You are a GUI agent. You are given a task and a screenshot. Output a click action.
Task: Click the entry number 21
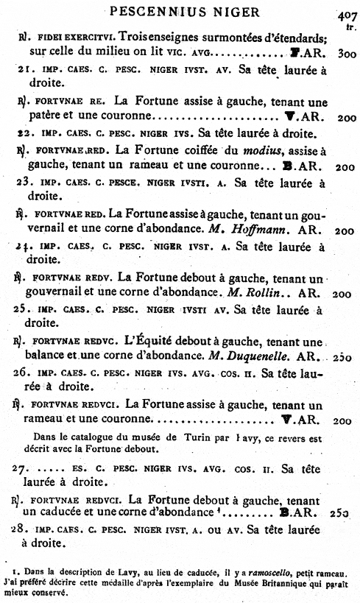point(22,70)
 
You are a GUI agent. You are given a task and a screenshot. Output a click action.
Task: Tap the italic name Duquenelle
point(264,356)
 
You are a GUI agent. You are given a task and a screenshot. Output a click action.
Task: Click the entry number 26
point(23,373)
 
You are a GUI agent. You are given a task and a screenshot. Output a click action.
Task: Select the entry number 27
point(23,468)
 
